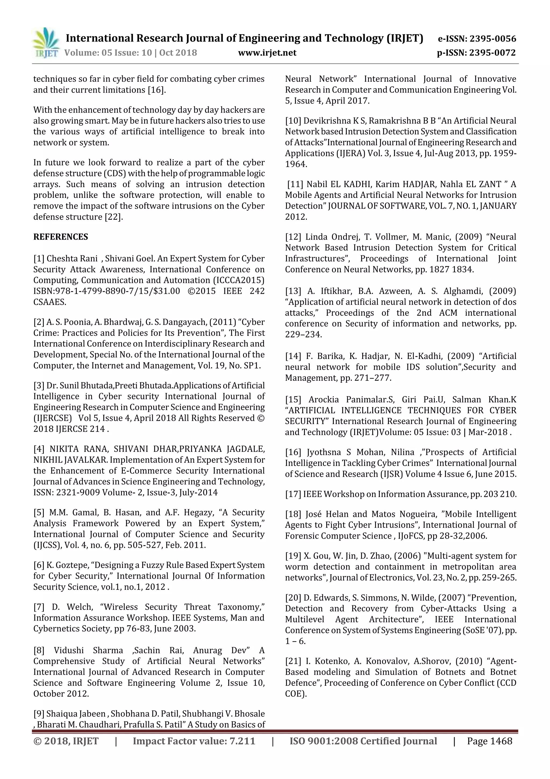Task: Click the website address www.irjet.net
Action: (267, 53)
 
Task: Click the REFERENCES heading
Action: (61, 237)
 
